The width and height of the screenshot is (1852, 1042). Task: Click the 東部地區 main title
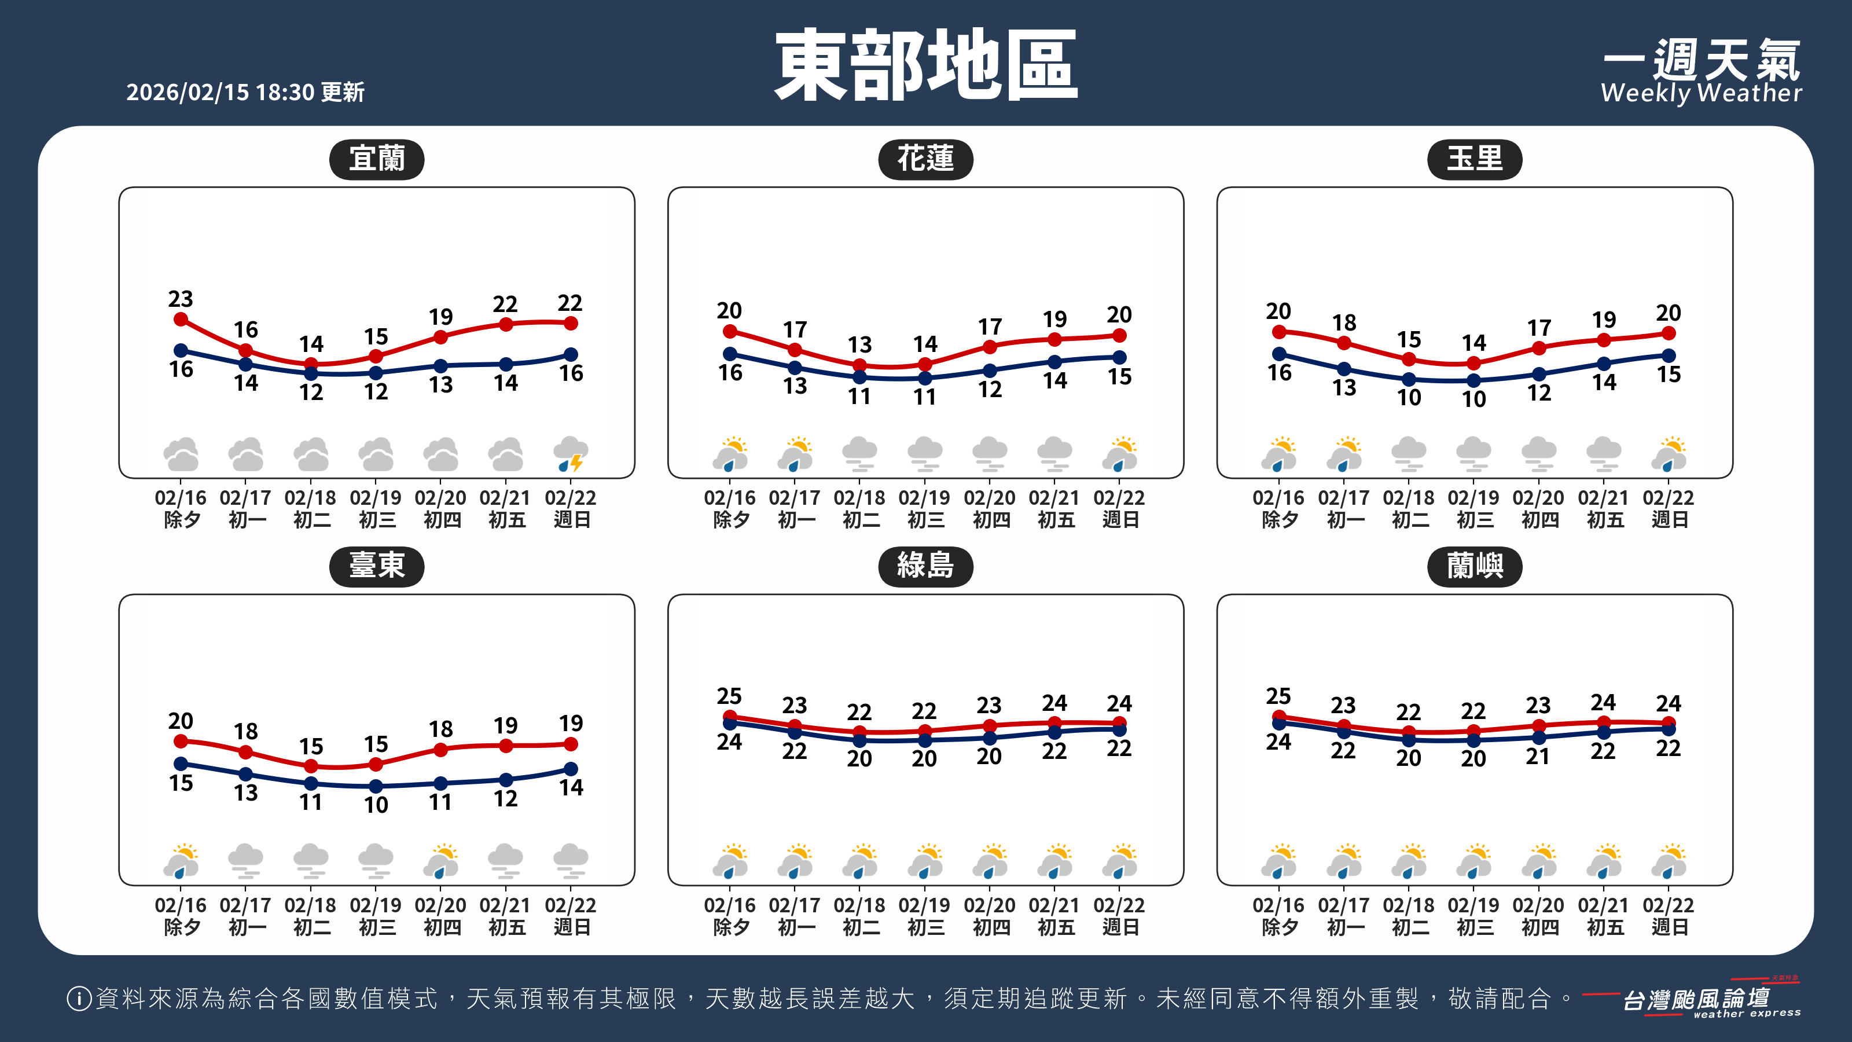925,65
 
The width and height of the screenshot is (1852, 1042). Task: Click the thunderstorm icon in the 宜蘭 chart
571,454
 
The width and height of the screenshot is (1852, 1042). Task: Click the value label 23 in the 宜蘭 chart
181,299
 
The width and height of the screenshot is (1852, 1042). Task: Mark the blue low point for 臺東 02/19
376,786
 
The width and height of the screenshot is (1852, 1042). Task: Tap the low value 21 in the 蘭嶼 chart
1538,757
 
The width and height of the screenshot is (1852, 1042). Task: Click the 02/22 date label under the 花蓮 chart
1119,498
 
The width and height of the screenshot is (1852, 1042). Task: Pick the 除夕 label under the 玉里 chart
1280,520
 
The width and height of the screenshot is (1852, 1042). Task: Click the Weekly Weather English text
1701,93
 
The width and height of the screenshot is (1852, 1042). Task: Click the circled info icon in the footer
78,998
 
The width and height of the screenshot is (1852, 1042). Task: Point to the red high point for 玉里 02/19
1474,363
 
